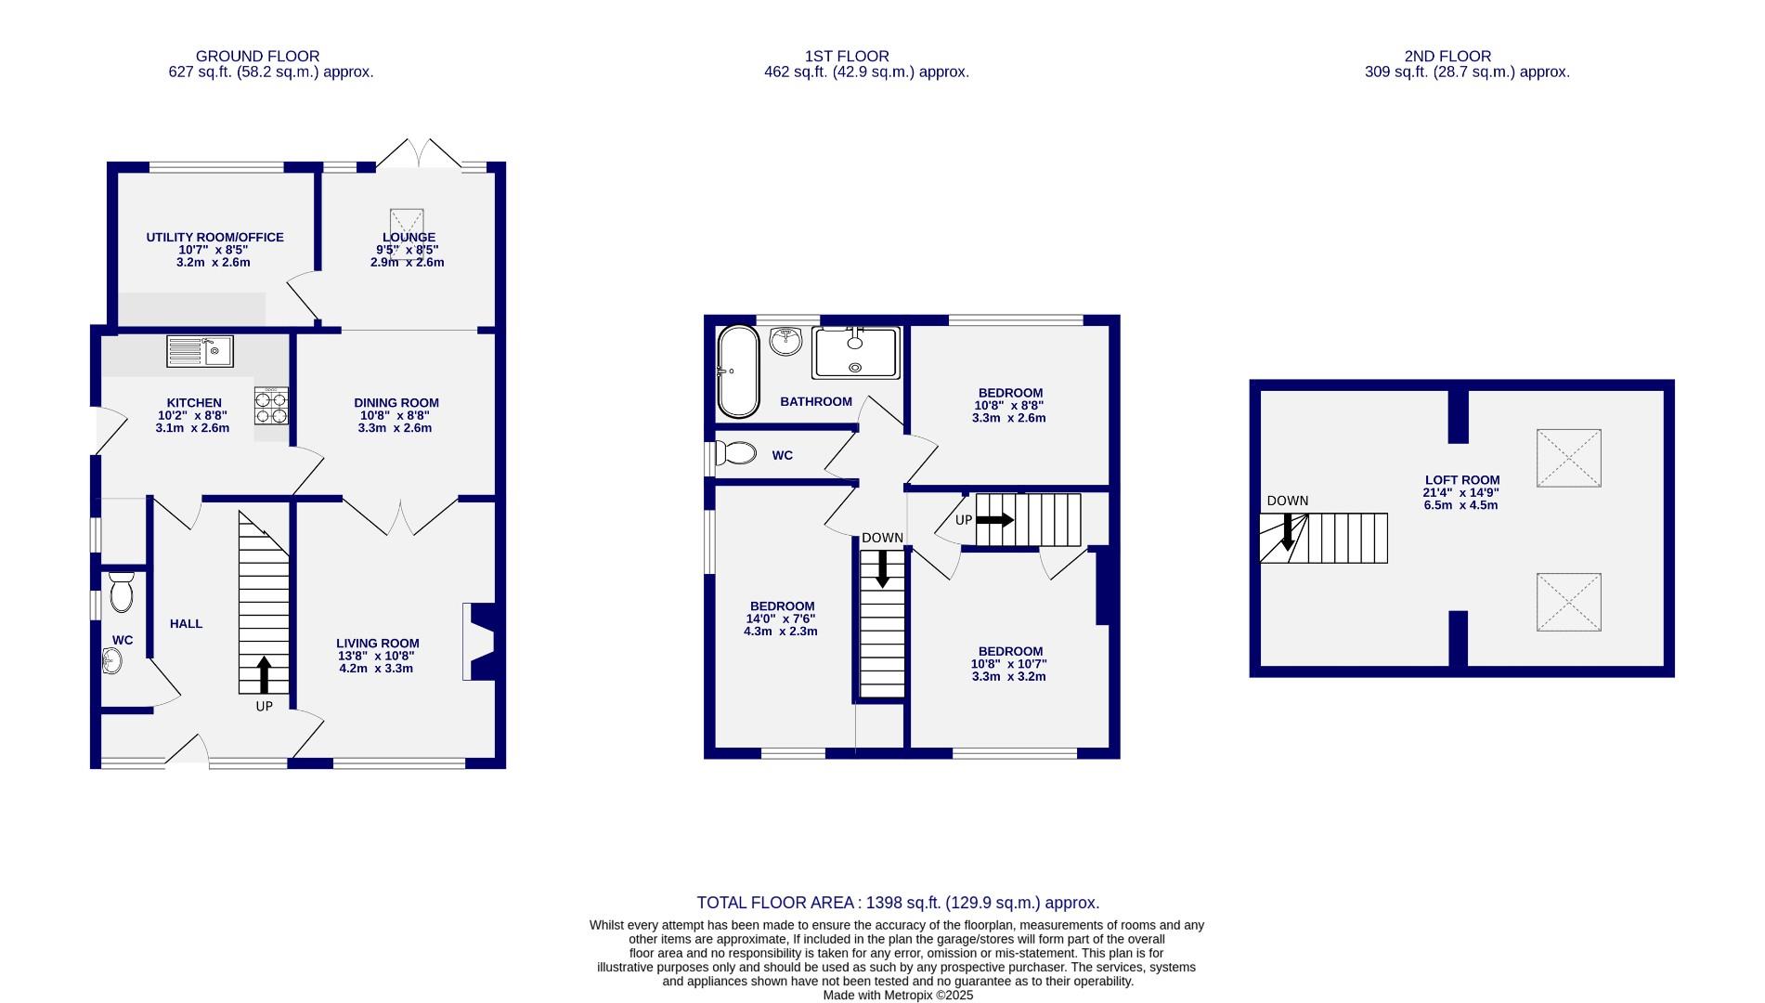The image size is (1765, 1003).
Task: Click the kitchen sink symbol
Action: point(200,351)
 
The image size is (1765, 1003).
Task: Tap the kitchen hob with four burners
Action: point(271,406)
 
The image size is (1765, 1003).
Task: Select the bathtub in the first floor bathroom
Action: point(738,371)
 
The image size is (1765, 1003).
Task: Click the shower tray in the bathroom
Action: point(855,353)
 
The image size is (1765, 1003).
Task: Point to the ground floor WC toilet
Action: point(122,592)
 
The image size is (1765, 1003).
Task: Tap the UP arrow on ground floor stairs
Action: point(264,675)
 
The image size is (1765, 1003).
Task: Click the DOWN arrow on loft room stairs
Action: point(1288,533)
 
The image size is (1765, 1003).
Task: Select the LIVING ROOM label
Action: point(377,643)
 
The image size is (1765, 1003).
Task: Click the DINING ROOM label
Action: point(396,403)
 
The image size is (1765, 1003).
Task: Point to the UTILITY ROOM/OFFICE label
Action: point(214,237)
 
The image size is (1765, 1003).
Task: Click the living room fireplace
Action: point(482,643)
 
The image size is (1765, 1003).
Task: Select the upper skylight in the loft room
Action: point(1568,458)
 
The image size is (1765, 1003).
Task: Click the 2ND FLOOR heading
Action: point(1447,57)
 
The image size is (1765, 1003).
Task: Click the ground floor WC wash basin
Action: point(112,661)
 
